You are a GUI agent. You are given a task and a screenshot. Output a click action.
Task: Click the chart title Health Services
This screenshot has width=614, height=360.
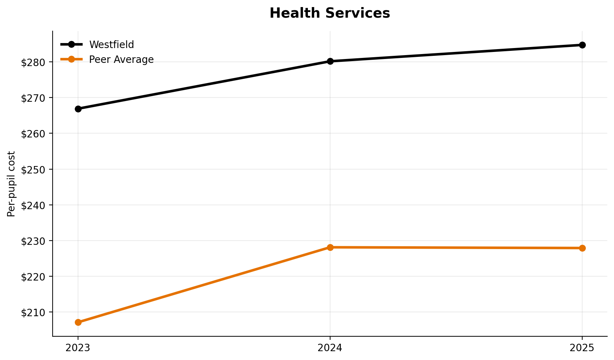(329, 13)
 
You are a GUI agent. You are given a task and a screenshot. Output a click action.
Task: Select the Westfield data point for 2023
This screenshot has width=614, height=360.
(78, 109)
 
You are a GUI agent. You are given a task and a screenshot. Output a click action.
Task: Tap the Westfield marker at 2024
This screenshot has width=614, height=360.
(330, 61)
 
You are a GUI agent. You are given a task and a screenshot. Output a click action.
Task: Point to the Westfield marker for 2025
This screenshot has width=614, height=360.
(582, 45)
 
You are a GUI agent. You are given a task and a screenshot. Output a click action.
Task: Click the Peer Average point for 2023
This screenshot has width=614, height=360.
(78, 322)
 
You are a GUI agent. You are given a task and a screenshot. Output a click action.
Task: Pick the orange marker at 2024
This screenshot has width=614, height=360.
(330, 247)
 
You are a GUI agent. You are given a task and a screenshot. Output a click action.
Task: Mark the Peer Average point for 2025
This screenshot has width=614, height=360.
(582, 248)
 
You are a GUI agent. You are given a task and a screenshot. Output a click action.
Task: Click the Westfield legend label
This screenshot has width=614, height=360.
(111, 45)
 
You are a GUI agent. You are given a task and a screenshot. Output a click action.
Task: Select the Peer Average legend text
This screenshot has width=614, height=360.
(121, 60)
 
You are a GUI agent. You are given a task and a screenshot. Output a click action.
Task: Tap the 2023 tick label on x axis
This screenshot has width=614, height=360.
(78, 348)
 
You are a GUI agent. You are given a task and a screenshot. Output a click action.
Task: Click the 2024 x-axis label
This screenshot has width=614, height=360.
(330, 348)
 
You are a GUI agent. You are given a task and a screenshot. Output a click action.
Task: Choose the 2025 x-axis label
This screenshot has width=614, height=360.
(582, 348)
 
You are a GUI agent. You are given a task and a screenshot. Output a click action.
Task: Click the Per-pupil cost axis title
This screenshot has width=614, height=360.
(11, 184)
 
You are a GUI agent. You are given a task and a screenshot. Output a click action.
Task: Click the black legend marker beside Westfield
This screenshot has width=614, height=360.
(71, 45)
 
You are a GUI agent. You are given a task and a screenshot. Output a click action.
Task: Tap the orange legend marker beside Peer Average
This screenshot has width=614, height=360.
(71, 59)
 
